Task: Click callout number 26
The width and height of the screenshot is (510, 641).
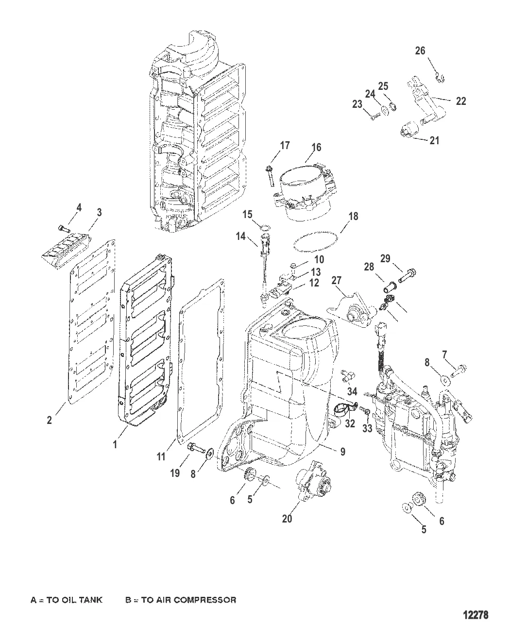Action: [x=420, y=50]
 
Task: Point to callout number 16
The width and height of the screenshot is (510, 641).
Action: [x=316, y=147]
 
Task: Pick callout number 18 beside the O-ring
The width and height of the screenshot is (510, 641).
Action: [x=353, y=216]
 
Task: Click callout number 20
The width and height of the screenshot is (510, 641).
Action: [x=287, y=519]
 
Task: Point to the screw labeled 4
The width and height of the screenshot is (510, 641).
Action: [x=62, y=227]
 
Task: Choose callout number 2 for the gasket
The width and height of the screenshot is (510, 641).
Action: [x=49, y=421]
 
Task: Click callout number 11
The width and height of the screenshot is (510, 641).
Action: [x=161, y=456]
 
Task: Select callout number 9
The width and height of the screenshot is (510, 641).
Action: [x=342, y=451]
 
